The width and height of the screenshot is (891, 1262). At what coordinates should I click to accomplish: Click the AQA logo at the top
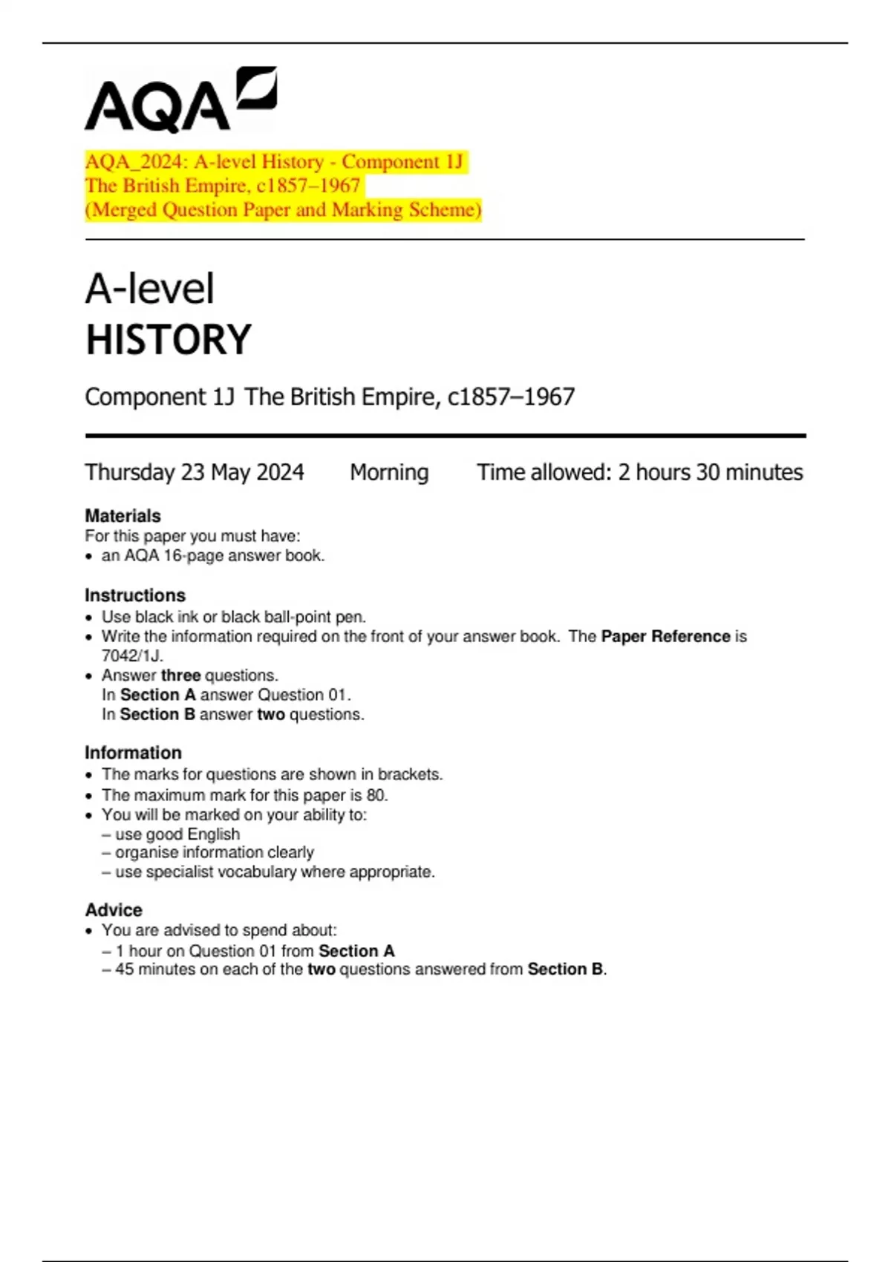(x=180, y=101)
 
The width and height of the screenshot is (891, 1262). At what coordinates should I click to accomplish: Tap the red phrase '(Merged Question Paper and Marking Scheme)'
(x=283, y=210)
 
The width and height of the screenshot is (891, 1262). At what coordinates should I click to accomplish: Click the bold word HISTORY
(x=169, y=340)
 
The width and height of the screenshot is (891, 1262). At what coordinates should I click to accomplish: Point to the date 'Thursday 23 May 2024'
(x=195, y=472)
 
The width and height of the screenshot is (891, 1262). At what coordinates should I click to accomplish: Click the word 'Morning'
(x=389, y=472)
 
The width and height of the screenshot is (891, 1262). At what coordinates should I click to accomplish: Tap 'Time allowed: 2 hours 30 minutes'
(x=639, y=472)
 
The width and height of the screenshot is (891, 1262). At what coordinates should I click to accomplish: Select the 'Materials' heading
(x=123, y=516)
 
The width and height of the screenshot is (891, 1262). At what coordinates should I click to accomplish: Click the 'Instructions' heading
(x=135, y=595)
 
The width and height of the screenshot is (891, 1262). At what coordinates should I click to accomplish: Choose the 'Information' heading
(x=133, y=753)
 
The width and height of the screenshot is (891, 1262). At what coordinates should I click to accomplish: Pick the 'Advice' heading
(x=114, y=910)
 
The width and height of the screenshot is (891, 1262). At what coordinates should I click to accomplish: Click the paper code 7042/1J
(x=131, y=656)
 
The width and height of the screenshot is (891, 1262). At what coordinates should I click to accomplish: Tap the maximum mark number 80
(x=376, y=795)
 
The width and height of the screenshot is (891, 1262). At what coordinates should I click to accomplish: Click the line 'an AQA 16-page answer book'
(x=212, y=556)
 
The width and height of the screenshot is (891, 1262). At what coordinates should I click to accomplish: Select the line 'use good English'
(x=177, y=834)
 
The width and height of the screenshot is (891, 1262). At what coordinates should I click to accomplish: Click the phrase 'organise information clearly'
(x=214, y=852)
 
